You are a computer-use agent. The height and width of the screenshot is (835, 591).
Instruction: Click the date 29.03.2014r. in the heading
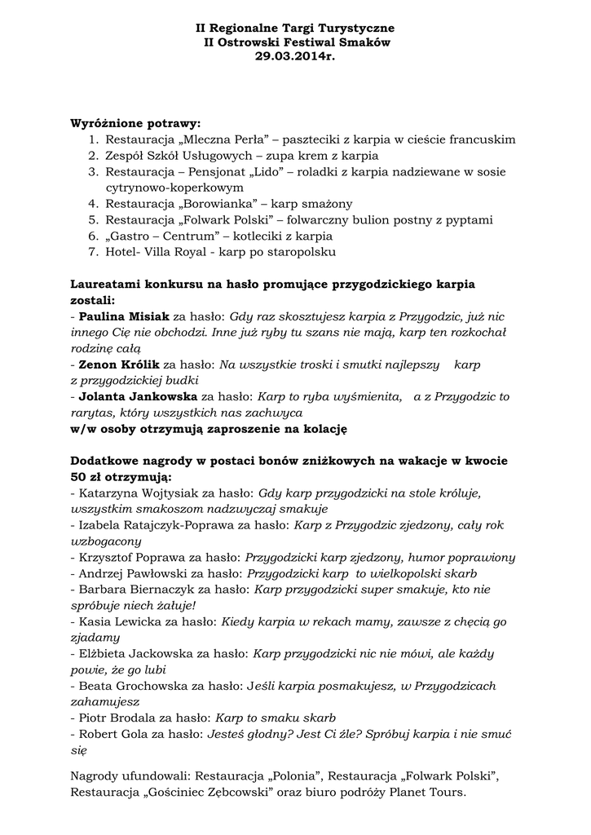pyautogui.click(x=294, y=56)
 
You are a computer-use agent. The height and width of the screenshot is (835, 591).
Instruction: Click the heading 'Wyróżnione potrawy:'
pyautogui.click(x=135, y=123)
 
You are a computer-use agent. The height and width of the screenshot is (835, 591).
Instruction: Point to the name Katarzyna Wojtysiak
pyautogui.click(x=136, y=493)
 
